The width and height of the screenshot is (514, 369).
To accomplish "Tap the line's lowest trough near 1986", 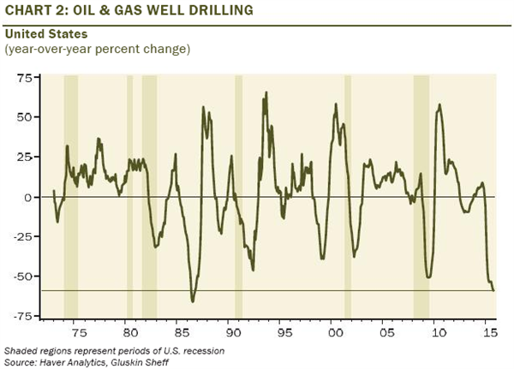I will [x=193, y=301].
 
